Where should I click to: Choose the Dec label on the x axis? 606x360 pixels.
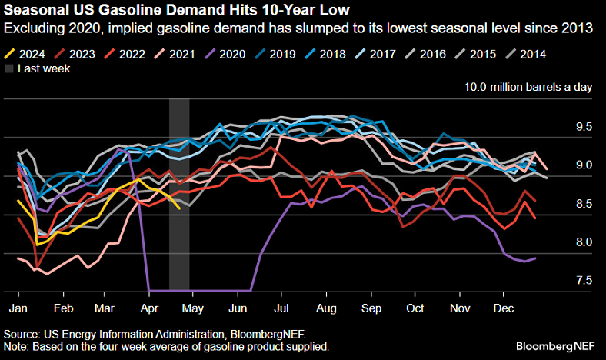[503, 308]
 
